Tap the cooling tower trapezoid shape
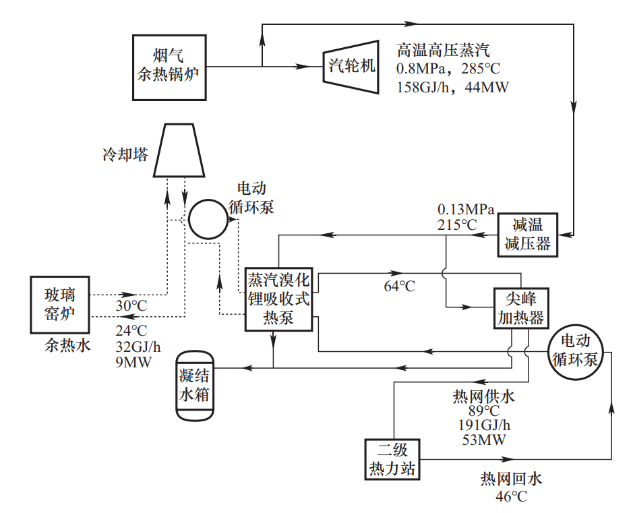click(179, 150)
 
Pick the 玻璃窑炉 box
click(60, 305)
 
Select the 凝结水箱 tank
click(195, 386)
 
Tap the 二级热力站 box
click(392, 460)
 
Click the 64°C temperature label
click(400, 286)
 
